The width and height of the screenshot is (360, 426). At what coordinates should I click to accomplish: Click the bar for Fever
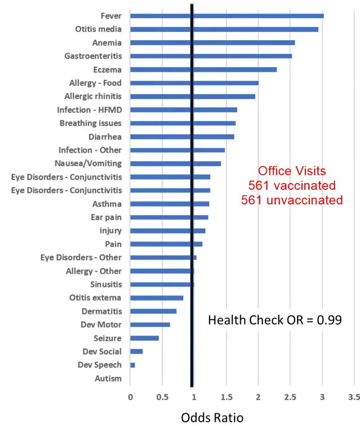coord(227,16)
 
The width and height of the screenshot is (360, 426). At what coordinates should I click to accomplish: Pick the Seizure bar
coord(144,338)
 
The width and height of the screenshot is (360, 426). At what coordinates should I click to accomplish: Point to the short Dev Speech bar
coord(132,365)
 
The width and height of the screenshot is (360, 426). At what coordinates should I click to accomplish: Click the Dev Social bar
coord(137,351)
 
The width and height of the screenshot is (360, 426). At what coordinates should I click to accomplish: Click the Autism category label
coord(108,378)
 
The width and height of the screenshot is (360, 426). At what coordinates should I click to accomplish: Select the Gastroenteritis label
coord(93,56)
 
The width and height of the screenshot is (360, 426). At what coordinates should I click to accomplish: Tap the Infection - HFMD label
coord(89,110)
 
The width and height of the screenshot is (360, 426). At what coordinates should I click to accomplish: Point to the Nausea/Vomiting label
coord(90,163)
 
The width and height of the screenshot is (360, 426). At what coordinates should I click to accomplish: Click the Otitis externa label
coord(95,298)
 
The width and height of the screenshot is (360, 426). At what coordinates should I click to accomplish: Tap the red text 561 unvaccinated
coord(292,200)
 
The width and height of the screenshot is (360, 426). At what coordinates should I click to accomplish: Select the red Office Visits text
coord(292,171)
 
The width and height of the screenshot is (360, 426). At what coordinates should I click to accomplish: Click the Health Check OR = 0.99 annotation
coord(275,320)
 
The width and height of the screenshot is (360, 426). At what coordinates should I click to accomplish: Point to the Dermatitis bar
coord(153,311)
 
